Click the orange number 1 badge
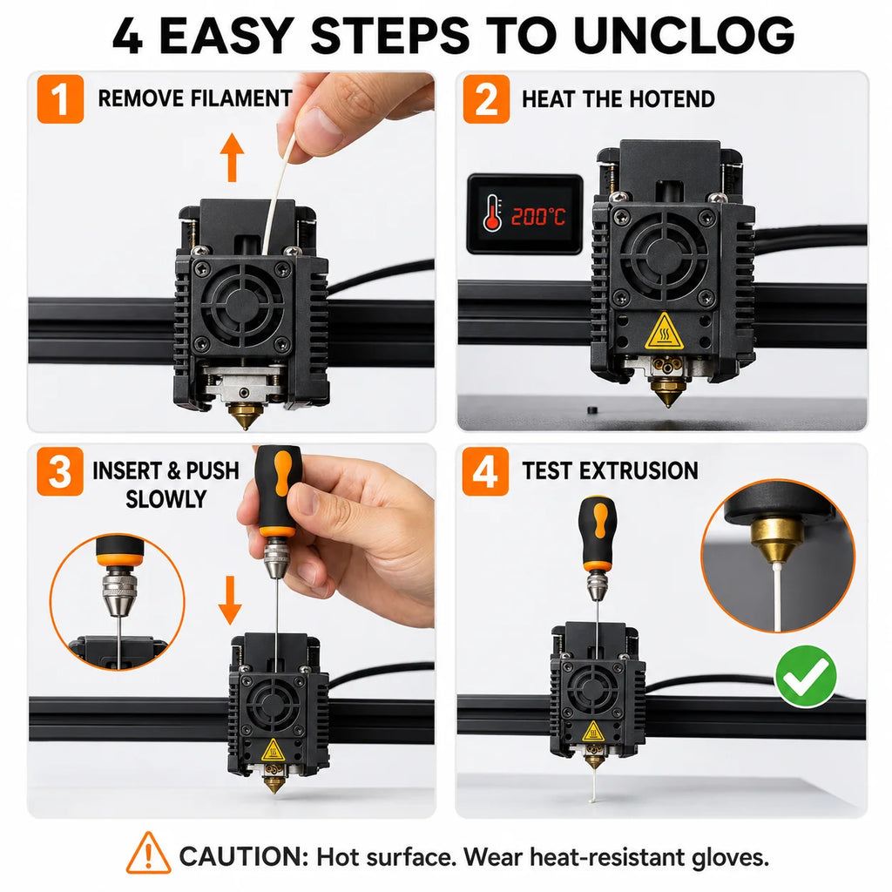(x=60, y=99)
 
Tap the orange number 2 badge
(x=486, y=99)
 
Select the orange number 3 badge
(x=60, y=471)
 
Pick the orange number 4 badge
(x=485, y=471)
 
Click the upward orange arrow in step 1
(x=232, y=157)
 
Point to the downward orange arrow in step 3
(x=230, y=600)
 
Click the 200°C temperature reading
(x=538, y=217)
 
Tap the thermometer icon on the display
(x=492, y=213)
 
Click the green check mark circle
(x=806, y=677)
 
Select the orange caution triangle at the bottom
(x=148, y=854)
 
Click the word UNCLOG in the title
(x=684, y=35)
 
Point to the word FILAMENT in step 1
(x=242, y=98)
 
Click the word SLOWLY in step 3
(x=166, y=499)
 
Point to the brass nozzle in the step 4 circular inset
(x=776, y=540)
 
